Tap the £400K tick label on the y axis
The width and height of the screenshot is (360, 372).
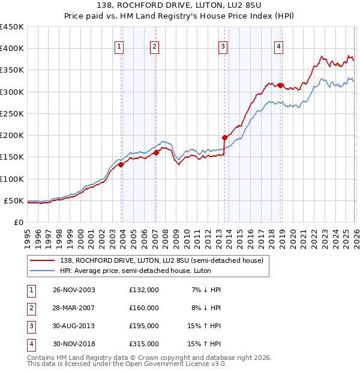click(11, 49)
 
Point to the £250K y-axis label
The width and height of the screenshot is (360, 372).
click(11, 113)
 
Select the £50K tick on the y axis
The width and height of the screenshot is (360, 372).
click(14, 200)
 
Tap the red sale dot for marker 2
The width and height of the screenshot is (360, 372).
click(156, 152)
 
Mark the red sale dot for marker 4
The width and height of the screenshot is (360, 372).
click(280, 85)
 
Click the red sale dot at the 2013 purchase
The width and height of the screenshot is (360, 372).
click(224, 137)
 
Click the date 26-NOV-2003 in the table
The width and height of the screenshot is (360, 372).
click(74, 290)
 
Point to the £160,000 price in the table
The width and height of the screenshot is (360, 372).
click(144, 308)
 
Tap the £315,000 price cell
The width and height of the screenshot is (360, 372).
click(144, 344)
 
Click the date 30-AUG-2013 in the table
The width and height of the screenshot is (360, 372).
click(74, 326)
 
